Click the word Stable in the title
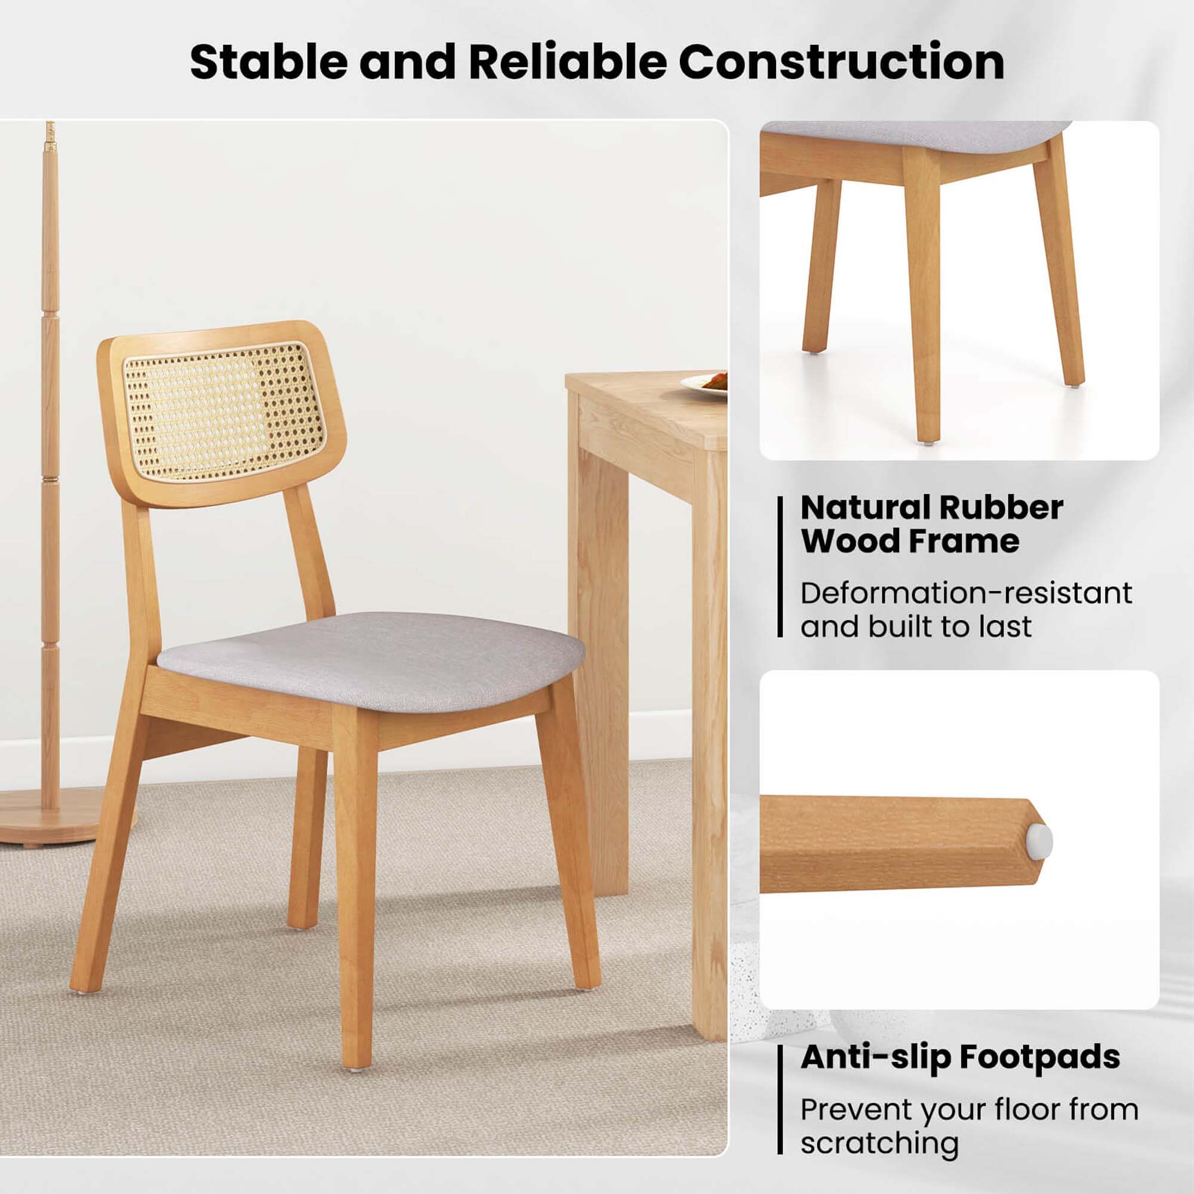[x=268, y=62]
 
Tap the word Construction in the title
[x=841, y=62]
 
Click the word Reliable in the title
[x=567, y=62]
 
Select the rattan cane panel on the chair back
[x=223, y=411]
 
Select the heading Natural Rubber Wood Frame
[x=931, y=524]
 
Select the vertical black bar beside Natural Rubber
[x=780, y=567]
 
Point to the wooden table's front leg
[x=709, y=804]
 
